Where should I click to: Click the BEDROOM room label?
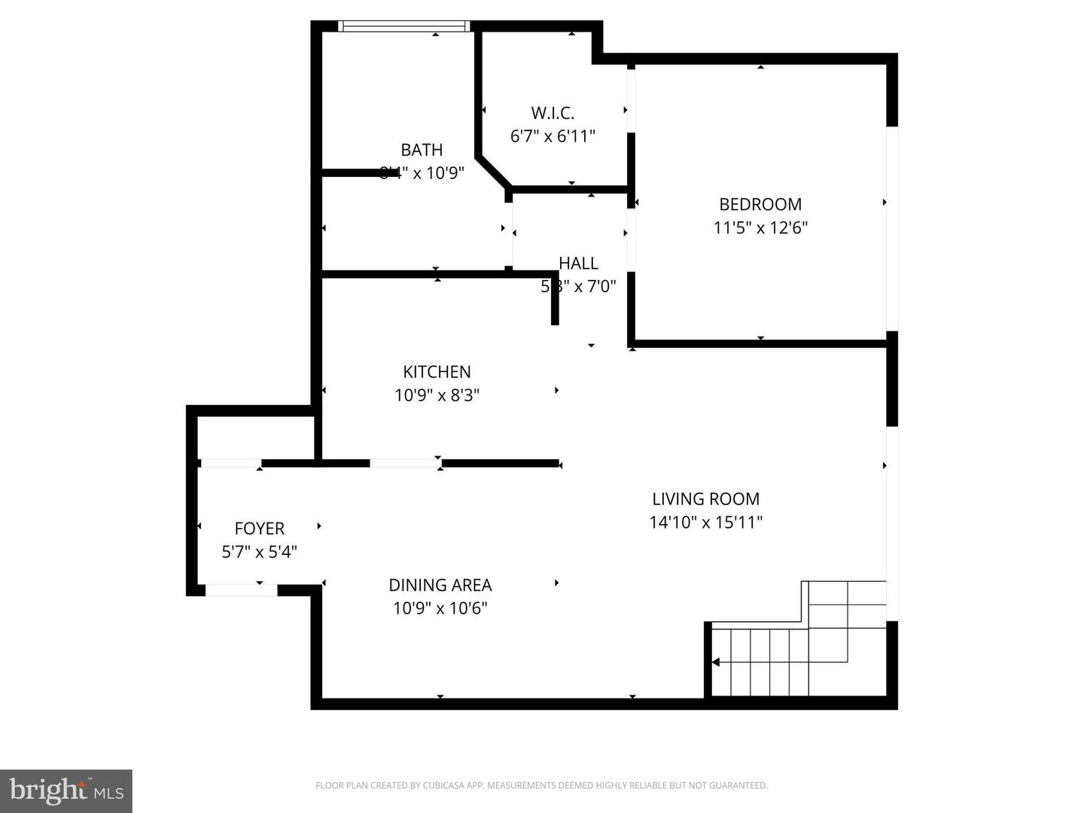[x=760, y=204]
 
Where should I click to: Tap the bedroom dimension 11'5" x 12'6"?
[x=760, y=227]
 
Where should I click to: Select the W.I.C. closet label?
[x=553, y=113]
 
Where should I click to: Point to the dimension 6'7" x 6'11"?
[x=553, y=136]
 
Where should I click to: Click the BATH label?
[x=422, y=150]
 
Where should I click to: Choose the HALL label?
[x=578, y=263]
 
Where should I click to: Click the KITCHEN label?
[x=437, y=371]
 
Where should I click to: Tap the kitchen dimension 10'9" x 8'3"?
[x=437, y=394]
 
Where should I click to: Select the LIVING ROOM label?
[x=705, y=498]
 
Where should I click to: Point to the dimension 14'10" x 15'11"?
[x=705, y=522]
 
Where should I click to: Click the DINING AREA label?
[x=440, y=585]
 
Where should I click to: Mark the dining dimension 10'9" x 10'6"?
[x=440, y=608]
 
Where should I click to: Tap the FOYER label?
[x=259, y=528]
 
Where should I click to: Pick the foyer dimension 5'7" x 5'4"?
[x=259, y=552]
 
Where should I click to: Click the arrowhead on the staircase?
[x=716, y=662]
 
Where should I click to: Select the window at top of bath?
[x=404, y=26]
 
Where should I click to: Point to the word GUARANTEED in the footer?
[x=741, y=786]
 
